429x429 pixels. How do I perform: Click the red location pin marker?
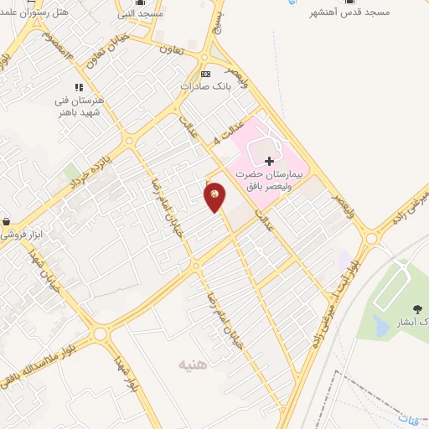215,196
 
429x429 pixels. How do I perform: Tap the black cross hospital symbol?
269,160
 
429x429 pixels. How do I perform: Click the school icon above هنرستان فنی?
80,86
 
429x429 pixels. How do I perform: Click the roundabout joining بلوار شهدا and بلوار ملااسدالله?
101,334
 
